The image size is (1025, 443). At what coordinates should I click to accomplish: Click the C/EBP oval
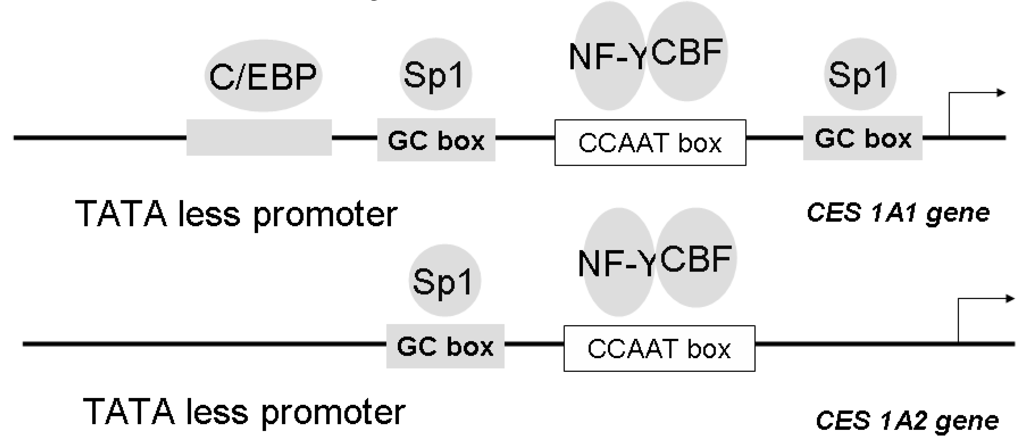click(263, 76)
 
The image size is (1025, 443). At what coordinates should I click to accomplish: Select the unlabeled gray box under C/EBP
click(259, 137)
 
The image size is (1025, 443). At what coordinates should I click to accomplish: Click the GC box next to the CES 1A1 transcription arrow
click(862, 138)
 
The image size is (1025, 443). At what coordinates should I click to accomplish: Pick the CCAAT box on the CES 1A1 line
click(650, 142)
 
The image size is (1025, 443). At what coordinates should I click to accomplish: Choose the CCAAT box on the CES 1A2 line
click(659, 349)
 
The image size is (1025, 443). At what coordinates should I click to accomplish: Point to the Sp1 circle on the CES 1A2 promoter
click(444, 281)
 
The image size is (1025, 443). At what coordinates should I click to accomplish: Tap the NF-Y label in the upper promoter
click(607, 57)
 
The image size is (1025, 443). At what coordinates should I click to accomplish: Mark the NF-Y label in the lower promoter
click(616, 264)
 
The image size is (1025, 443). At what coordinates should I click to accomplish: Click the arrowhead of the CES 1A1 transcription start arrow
click(1001, 93)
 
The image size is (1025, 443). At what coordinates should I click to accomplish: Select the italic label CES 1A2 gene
click(907, 420)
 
